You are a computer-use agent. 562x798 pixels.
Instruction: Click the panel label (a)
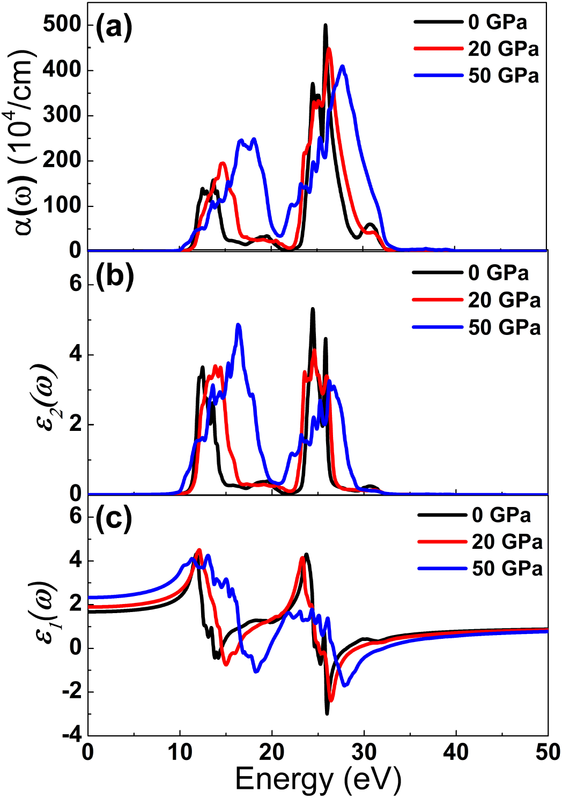[114, 27]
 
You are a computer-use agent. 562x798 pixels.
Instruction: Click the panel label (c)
[113, 518]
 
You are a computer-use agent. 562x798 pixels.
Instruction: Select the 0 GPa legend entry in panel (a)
[497, 22]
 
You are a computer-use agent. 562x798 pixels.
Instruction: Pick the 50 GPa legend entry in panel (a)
[503, 76]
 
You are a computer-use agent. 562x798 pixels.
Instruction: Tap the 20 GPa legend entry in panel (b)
[504, 300]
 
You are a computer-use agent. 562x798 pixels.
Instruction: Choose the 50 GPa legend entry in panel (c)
[507, 569]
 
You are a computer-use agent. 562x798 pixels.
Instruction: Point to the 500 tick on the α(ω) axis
[62, 25]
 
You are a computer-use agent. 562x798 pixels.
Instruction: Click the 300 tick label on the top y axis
[62, 115]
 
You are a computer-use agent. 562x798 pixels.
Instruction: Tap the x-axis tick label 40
[456, 752]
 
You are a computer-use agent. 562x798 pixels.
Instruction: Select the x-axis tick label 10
[180, 752]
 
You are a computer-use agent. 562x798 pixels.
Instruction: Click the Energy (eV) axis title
[317, 779]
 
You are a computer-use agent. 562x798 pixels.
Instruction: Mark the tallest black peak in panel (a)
[325, 25]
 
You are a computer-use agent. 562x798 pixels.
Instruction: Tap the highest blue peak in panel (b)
[238, 325]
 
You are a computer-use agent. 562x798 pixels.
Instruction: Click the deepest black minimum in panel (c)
[327, 713]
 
